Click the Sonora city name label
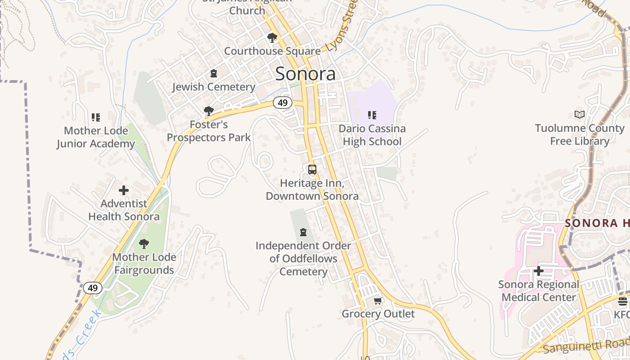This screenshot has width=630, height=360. (x=305, y=74)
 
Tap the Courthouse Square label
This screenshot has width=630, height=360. (x=272, y=51)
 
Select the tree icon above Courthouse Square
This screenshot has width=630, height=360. (x=272, y=37)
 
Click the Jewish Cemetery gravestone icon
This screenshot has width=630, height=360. (x=214, y=73)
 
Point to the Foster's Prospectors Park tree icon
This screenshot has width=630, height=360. (x=208, y=111)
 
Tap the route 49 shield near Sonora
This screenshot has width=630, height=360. (x=282, y=103)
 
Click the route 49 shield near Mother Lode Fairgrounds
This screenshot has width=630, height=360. (x=93, y=288)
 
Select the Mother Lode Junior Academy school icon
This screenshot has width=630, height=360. (x=95, y=117)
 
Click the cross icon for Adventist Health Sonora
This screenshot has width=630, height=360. (x=124, y=190)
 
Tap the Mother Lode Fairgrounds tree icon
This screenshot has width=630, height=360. (x=144, y=244)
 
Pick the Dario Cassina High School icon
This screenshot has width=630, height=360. (x=372, y=115)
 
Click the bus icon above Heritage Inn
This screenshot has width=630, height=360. (x=312, y=170)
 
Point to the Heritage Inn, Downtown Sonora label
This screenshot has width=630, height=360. (x=312, y=189)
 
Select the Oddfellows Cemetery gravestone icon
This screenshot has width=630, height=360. (x=303, y=232)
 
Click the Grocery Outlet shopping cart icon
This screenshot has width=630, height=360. (x=378, y=300)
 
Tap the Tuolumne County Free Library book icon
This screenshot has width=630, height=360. (x=580, y=115)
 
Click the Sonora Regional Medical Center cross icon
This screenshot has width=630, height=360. (x=538, y=271)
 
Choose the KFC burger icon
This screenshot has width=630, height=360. (x=623, y=301)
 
